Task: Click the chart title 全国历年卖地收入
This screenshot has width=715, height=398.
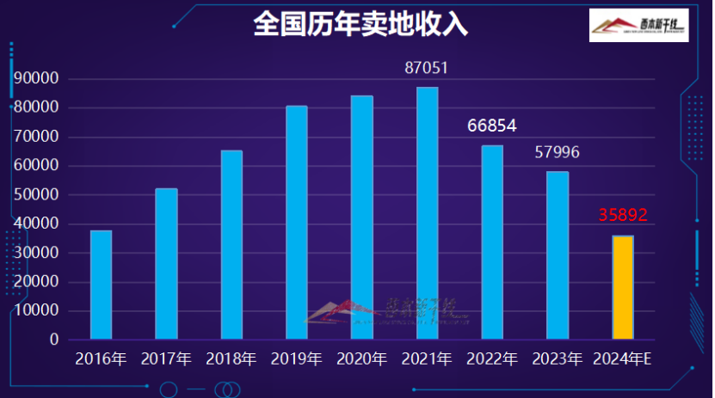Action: pos(361,24)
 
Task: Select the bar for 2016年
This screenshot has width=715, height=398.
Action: pos(101,285)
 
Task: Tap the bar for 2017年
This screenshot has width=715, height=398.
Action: pos(166,264)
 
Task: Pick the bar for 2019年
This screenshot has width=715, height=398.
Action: pos(296,223)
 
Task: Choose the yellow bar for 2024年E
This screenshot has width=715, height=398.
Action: pos(622,287)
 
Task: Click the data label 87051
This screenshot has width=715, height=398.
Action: pos(427,68)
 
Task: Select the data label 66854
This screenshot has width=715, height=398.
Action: pos(491,126)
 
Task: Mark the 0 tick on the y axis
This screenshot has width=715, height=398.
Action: pos(54,340)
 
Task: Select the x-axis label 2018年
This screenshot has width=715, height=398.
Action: pos(231,358)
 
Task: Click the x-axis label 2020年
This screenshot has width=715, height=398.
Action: pos(361,358)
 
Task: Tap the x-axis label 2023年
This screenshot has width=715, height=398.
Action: pos(557,358)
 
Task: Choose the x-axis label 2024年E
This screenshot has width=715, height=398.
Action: pos(622,358)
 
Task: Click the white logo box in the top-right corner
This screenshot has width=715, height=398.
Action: pos(638,26)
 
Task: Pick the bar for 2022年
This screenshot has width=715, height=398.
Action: pos(491,242)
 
